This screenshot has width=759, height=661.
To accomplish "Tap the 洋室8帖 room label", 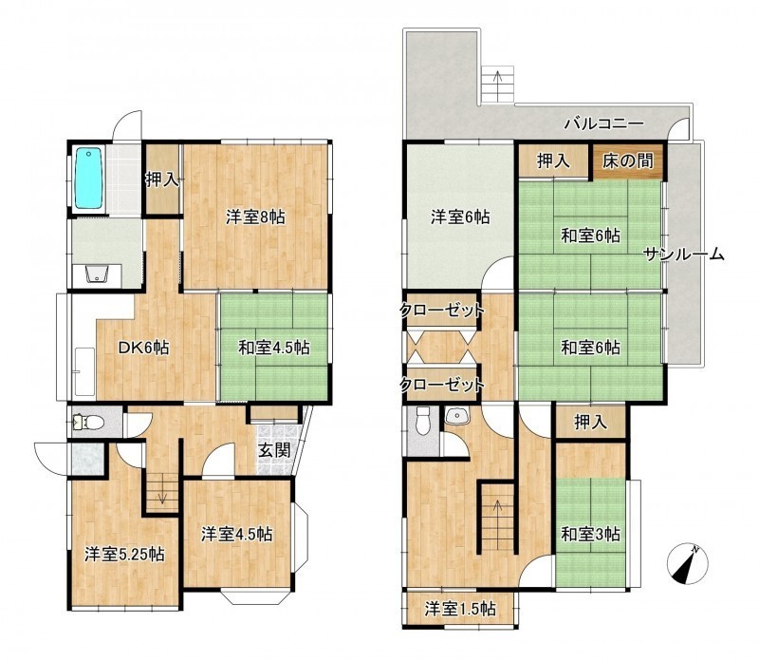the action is tap(255, 217).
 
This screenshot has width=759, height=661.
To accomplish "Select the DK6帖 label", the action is tap(144, 348).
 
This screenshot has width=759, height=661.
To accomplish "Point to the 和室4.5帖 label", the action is tap(274, 348).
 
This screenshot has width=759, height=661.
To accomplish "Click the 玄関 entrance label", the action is tap(274, 450).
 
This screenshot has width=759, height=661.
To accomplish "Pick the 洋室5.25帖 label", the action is tap(124, 554).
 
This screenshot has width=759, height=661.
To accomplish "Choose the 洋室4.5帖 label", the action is tap(236, 534).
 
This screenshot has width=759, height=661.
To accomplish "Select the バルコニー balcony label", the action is tap(604, 123).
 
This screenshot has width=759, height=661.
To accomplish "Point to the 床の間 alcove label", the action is tap(628, 161).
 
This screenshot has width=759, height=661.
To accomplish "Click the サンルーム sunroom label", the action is tap(683, 255).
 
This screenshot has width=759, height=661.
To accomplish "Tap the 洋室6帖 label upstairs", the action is tap(460, 217).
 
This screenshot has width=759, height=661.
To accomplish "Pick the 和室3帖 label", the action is tap(590, 534).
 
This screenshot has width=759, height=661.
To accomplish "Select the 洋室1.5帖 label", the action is tap(460, 609).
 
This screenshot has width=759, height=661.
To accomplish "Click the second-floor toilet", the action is tap(422, 422).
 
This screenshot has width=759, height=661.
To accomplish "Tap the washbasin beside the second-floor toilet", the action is tap(455, 416).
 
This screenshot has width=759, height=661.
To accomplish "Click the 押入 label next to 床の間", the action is tap(553, 161).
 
